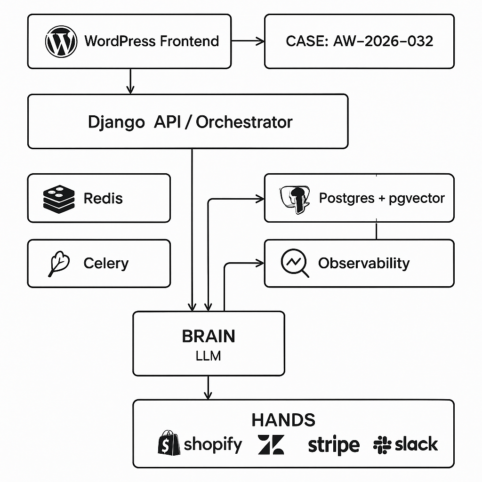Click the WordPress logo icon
(61, 41)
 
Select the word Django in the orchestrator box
(116, 122)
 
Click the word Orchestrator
(244, 122)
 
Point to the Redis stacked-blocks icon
(59, 198)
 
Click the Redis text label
(103, 198)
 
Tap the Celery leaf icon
(59, 264)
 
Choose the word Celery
(106, 263)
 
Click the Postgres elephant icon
(295, 199)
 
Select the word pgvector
(417, 198)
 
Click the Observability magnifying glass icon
(294, 263)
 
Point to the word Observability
(364, 263)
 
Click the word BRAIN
(209, 337)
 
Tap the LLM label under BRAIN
(209, 356)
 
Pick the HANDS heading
(283, 419)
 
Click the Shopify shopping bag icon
(169, 443)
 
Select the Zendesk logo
(271, 444)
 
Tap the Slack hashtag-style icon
(382, 444)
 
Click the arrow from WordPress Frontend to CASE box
(248, 41)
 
